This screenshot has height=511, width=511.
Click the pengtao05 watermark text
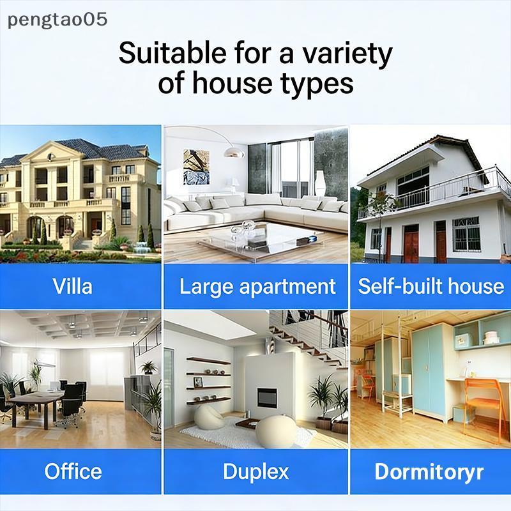tap(57, 20)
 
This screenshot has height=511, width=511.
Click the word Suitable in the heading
tap(172, 53)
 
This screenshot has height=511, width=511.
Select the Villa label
tap(72, 286)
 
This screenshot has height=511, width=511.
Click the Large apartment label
tap(257, 287)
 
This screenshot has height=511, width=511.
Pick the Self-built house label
tap(431, 286)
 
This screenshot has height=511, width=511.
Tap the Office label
tap(73, 471)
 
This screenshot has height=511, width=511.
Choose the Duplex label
tap(256, 472)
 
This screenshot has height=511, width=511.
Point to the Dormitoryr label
tap(429, 472)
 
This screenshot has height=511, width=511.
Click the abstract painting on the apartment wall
tap(196, 167)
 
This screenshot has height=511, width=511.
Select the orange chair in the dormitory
tap(482, 408)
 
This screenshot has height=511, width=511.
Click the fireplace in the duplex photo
tap(267, 397)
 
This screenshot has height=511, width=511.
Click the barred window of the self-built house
tap(466, 234)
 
